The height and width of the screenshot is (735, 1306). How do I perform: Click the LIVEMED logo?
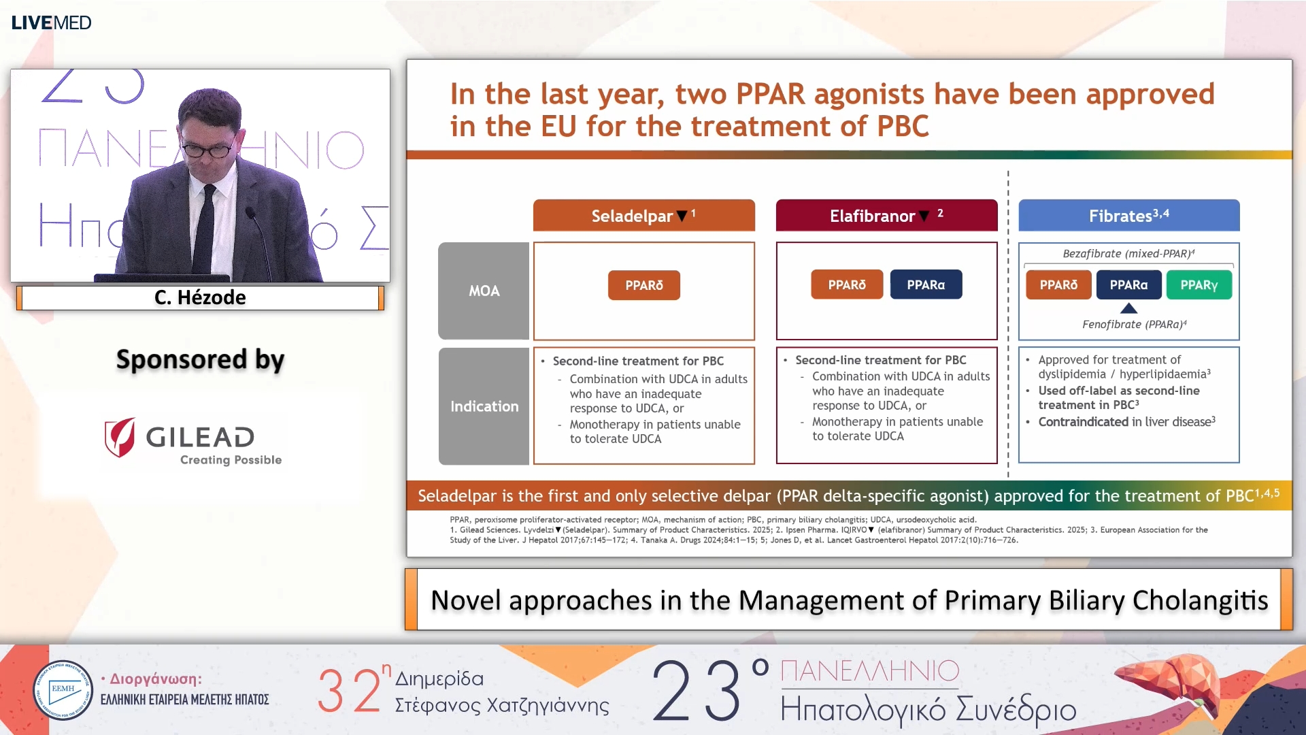[x=51, y=22]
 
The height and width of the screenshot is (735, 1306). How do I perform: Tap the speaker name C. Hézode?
[x=200, y=297]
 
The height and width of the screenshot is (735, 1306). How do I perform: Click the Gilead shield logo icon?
[x=120, y=437]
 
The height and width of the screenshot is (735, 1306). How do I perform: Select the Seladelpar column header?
[x=643, y=216]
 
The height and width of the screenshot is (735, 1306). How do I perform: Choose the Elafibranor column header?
[x=886, y=216]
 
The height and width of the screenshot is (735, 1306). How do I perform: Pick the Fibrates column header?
[x=1128, y=216]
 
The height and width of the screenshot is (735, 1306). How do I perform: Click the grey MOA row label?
[x=484, y=291]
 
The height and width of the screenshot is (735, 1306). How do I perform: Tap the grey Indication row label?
[x=484, y=406]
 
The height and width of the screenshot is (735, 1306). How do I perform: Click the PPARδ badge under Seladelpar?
[x=643, y=285]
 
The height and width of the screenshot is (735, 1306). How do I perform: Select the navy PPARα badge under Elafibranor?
[x=926, y=285]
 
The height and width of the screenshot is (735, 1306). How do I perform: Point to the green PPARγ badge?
[x=1199, y=285]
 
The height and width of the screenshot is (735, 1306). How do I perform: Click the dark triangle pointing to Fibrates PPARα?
[x=1128, y=308]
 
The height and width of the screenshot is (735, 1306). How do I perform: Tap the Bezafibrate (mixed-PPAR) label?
[x=1128, y=254]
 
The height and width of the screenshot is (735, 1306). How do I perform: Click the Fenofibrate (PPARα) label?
[x=1134, y=325]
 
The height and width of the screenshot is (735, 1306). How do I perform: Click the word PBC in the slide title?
[x=903, y=127]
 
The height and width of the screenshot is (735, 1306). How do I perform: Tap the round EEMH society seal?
[x=63, y=690]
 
